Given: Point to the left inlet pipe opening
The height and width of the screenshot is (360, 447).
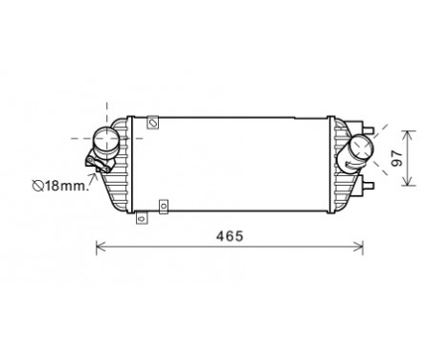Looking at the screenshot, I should (x=105, y=142).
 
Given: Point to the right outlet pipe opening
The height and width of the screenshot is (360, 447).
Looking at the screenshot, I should (x=363, y=149).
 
